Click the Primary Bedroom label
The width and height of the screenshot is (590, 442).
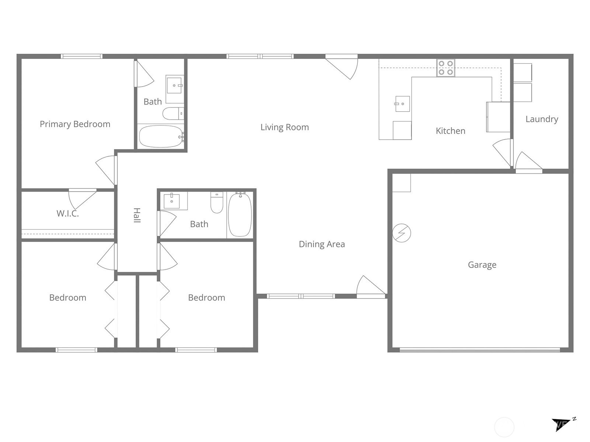click(x=75, y=124)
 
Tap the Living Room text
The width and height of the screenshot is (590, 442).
click(x=285, y=127)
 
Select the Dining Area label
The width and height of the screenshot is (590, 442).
click(x=322, y=244)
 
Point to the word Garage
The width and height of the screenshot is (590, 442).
click(x=482, y=265)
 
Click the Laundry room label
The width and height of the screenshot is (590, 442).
click(x=542, y=119)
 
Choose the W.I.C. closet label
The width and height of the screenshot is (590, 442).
click(x=67, y=214)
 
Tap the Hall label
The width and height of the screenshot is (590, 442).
click(x=137, y=215)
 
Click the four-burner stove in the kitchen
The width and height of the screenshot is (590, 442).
click(x=446, y=68)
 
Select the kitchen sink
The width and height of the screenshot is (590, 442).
click(x=402, y=104)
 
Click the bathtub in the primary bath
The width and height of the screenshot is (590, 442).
click(x=161, y=136)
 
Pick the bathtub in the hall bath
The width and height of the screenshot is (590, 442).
click(x=240, y=214)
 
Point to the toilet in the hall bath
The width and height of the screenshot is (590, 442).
click(x=217, y=202)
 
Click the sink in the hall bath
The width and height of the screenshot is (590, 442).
click(x=171, y=201)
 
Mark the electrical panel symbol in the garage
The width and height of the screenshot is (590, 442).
click(x=401, y=233)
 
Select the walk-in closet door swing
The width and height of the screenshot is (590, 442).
click(x=81, y=199)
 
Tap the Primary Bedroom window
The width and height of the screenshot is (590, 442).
click(x=81, y=56)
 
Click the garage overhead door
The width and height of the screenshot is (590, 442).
click(x=480, y=350)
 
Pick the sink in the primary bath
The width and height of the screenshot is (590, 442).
click(x=174, y=85)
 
